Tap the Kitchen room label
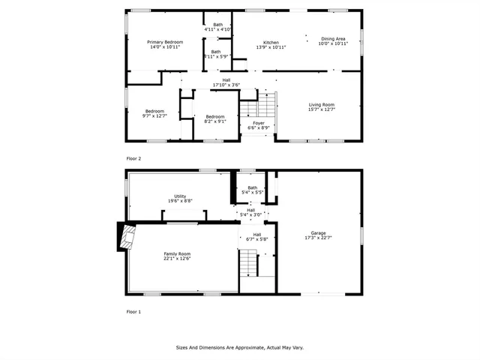click(x=271, y=42)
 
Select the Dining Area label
click(x=333, y=39)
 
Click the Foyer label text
click(x=258, y=123)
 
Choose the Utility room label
click(x=179, y=196)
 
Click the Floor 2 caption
click(x=133, y=158)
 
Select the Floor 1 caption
click(x=133, y=311)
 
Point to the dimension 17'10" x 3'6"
click(x=226, y=85)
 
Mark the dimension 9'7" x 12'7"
click(x=154, y=115)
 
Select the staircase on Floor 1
click(x=249, y=262)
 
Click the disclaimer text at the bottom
click(x=239, y=347)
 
